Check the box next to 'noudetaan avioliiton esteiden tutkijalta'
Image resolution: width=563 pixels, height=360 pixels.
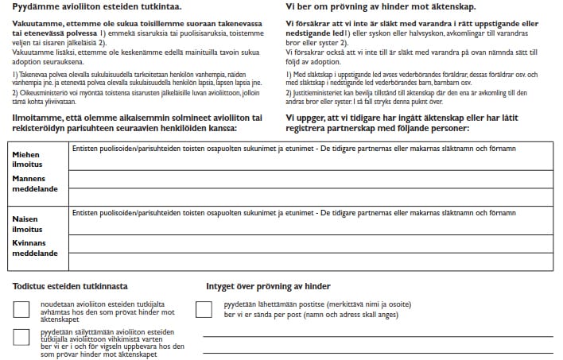(x=23, y=310)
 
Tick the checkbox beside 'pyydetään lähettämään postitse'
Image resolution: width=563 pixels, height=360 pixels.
(x=204, y=310)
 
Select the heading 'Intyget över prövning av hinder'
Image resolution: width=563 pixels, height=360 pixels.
(x=268, y=286)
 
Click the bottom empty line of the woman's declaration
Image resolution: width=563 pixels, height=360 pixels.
(x=310, y=261)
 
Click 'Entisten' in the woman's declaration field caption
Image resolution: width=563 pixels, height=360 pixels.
(x=84, y=214)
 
